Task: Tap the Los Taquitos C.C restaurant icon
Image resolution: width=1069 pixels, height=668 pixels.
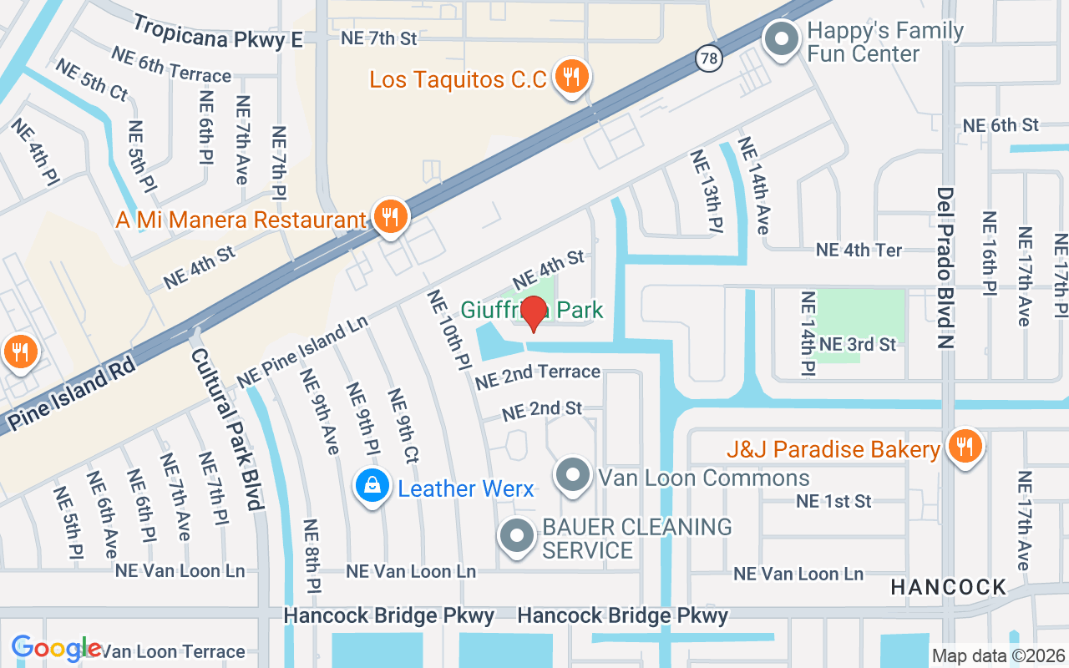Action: pyautogui.click(x=572, y=78)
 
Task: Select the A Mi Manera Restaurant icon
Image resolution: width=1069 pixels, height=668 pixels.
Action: pyautogui.click(x=389, y=217)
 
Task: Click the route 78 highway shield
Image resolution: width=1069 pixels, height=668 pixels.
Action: pyautogui.click(x=708, y=58)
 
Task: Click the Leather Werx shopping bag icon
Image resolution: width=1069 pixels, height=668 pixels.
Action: pyautogui.click(x=372, y=486)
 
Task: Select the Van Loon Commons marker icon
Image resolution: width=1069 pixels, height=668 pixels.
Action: pyautogui.click(x=573, y=475)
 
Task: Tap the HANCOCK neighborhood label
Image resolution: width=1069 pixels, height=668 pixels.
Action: pyautogui.click(x=949, y=587)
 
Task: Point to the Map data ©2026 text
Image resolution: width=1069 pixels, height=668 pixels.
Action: pyautogui.click(x=998, y=656)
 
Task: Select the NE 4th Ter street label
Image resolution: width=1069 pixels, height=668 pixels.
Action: pyautogui.click(x=859, y=250)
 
